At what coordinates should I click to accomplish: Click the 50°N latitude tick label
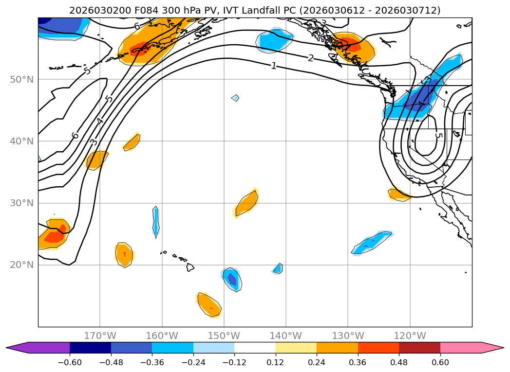click(x=21, y=79)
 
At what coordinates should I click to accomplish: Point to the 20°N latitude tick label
click(x=21, y=265)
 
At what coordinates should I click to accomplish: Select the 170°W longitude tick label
click(x=100, y=336)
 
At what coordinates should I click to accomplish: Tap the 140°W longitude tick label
click(x=286, y=336)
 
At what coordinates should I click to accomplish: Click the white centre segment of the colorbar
click(x=255, y=348)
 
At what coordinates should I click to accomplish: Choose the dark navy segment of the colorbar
click(x=90, y=348)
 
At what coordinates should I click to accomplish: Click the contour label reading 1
click(x=274, y=66)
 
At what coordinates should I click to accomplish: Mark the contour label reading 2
click(x=311, y=58)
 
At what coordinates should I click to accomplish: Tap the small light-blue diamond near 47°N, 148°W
click(x=235, y=98)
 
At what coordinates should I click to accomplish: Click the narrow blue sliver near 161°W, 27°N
click(x=156, y=222)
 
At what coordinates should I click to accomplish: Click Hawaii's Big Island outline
click(x=190, y=267)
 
